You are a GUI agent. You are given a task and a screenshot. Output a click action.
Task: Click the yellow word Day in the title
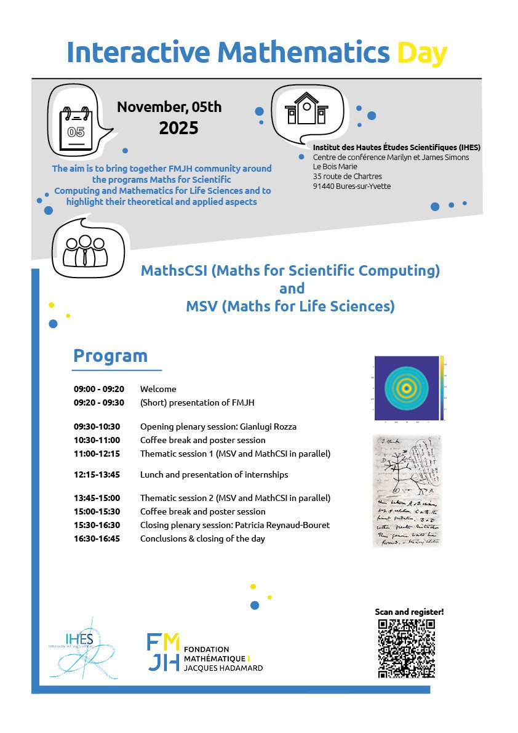pos(421,53)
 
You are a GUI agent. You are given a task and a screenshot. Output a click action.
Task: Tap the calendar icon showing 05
pos(76,129)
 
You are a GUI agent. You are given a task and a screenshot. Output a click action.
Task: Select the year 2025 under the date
pos(178,128)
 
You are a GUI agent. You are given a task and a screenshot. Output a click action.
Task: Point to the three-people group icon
pos(85,251)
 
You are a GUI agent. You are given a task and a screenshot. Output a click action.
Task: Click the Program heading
pos(111,356)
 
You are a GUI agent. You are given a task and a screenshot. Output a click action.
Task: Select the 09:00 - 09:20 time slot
pos(99,389)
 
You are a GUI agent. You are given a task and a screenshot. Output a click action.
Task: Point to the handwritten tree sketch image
pos(407,491)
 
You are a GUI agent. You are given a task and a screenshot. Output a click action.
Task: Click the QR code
pos(407,648)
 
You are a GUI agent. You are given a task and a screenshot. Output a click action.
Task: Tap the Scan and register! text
pos(409,612)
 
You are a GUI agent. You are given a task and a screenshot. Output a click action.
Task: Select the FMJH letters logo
pos(163,652)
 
